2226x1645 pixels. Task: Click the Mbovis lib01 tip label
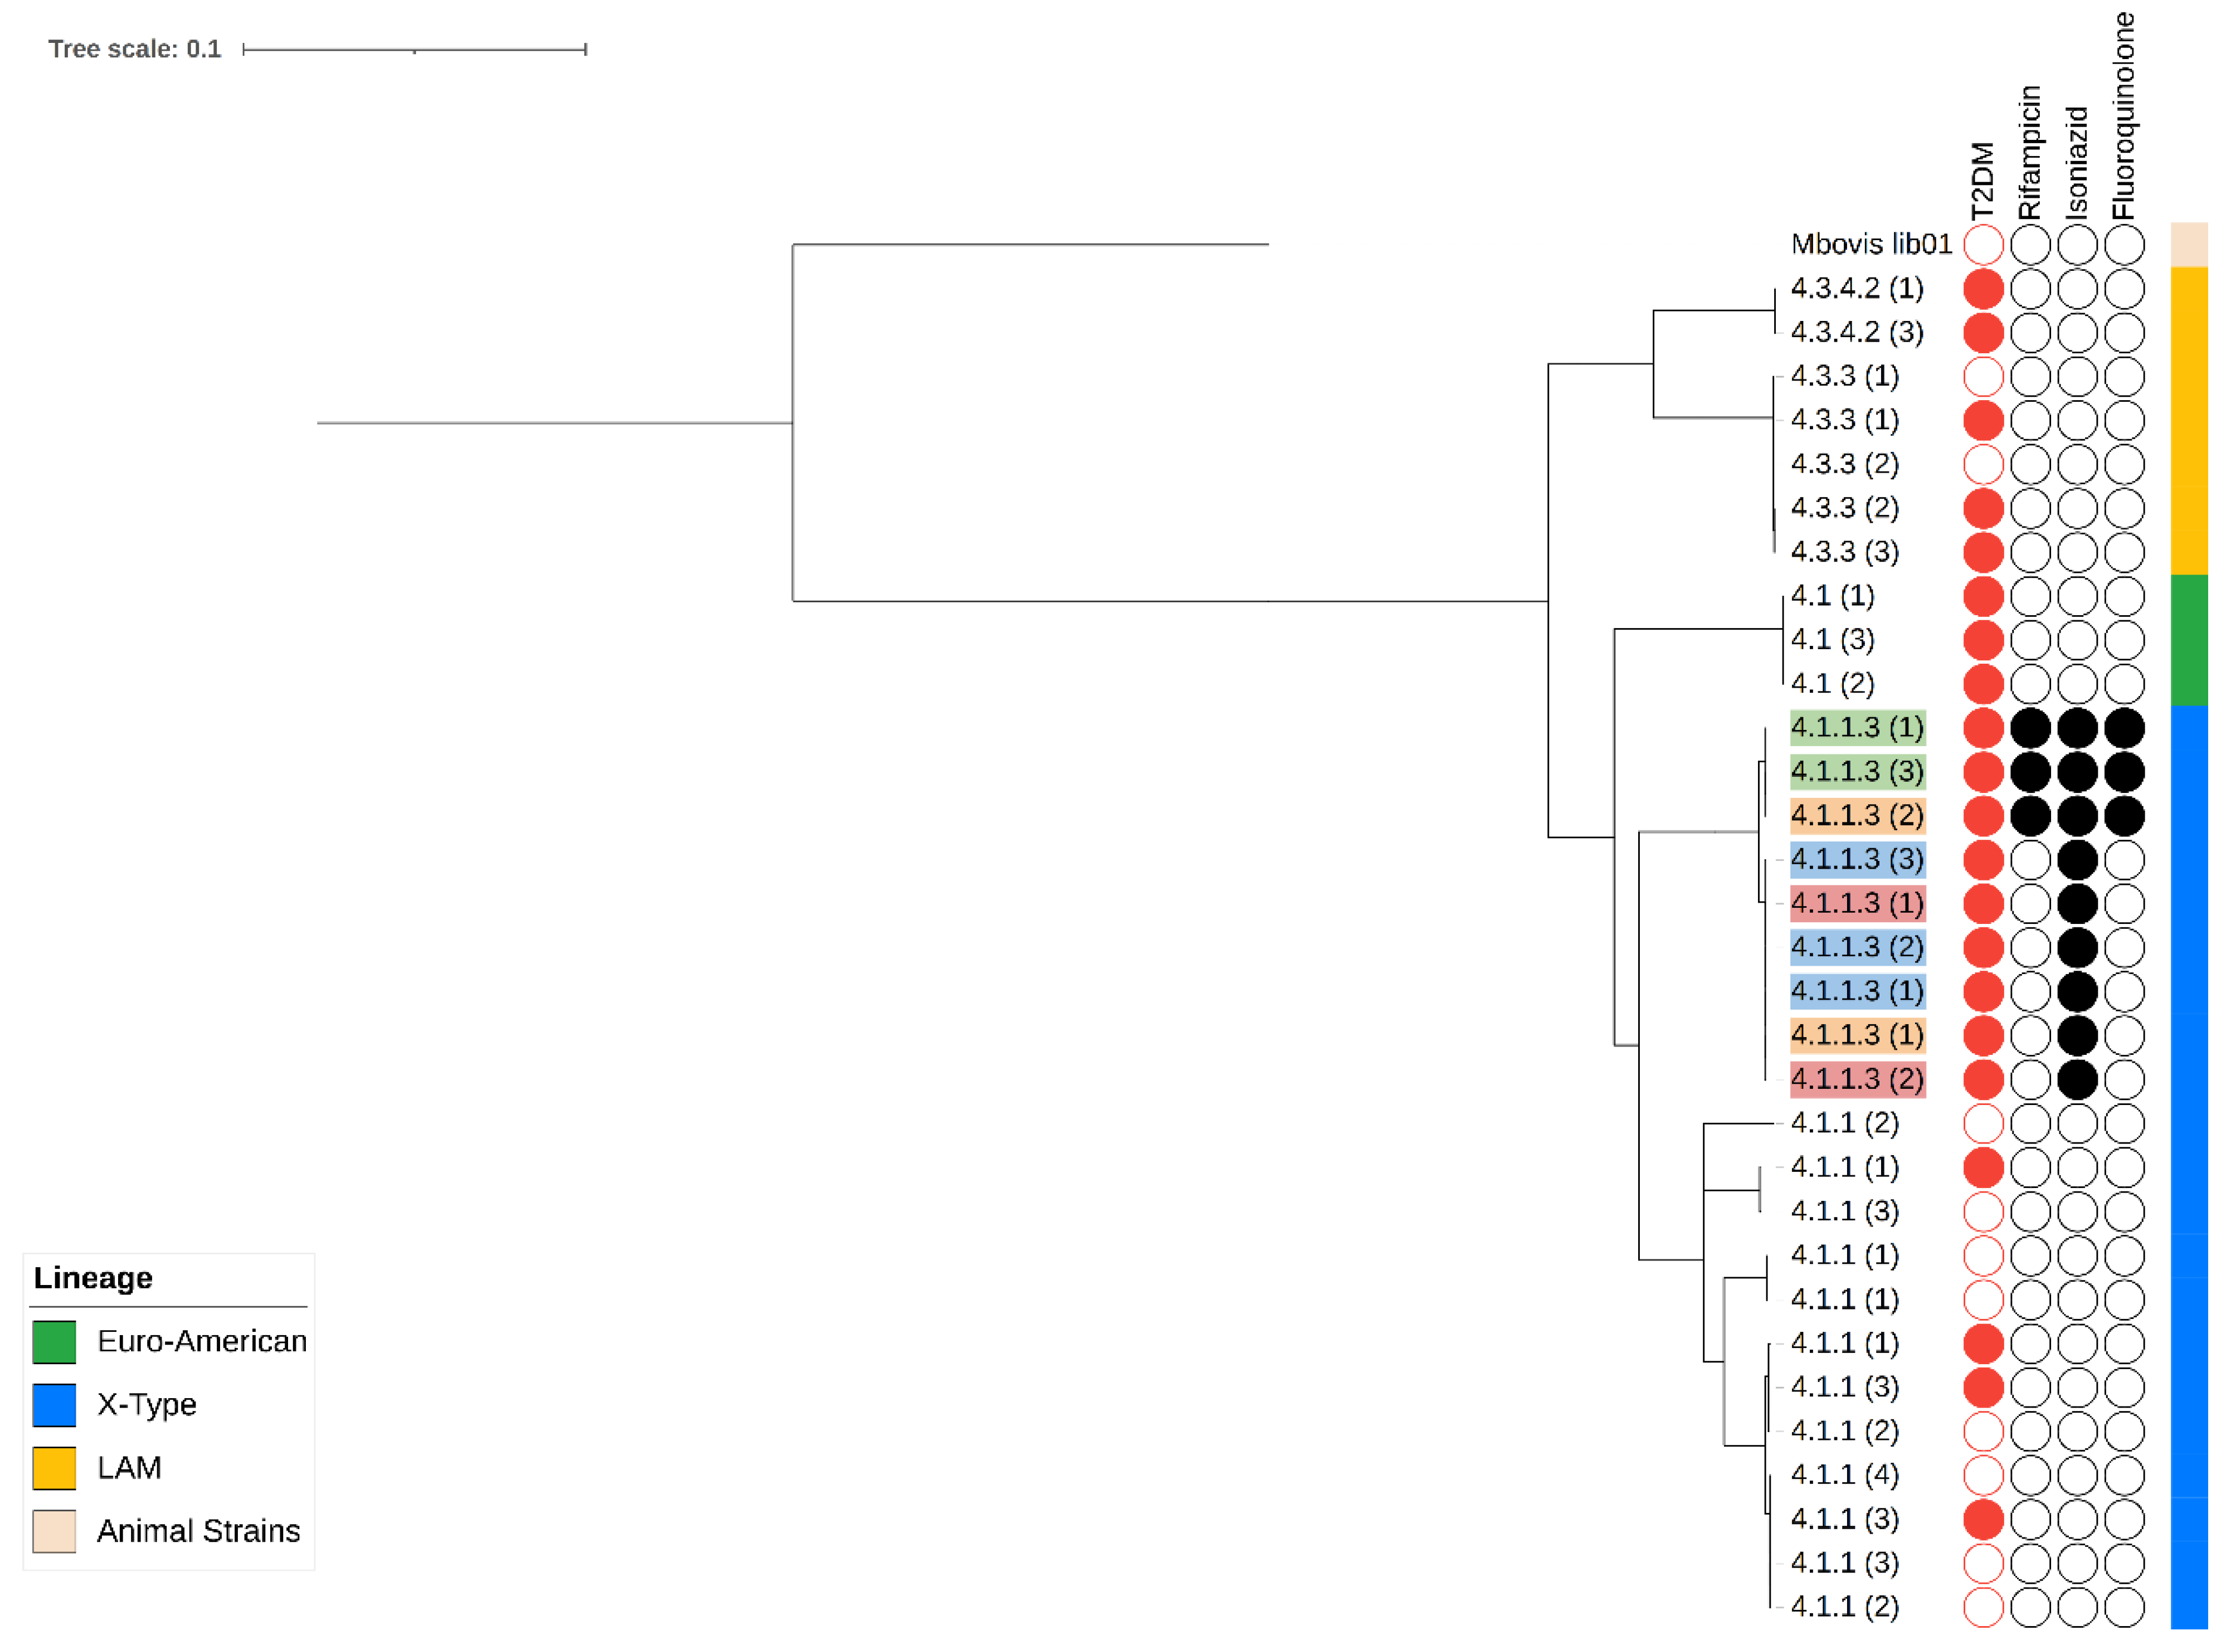(1869, 244)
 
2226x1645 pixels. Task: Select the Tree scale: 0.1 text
(134, 49)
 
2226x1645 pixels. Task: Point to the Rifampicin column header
(2029, 152)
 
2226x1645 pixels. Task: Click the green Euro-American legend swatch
(53, 1341)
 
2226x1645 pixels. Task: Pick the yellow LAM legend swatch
(53, 1468)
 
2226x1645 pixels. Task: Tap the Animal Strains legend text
(198, 1531)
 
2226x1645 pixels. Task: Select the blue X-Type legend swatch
(53, 1404)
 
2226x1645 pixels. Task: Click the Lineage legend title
(92, 1278)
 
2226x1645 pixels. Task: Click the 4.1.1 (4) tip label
(1844, 1474)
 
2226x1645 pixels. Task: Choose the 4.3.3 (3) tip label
(1844, 552)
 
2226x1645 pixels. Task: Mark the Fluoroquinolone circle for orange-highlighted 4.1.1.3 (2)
(2123, 815)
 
